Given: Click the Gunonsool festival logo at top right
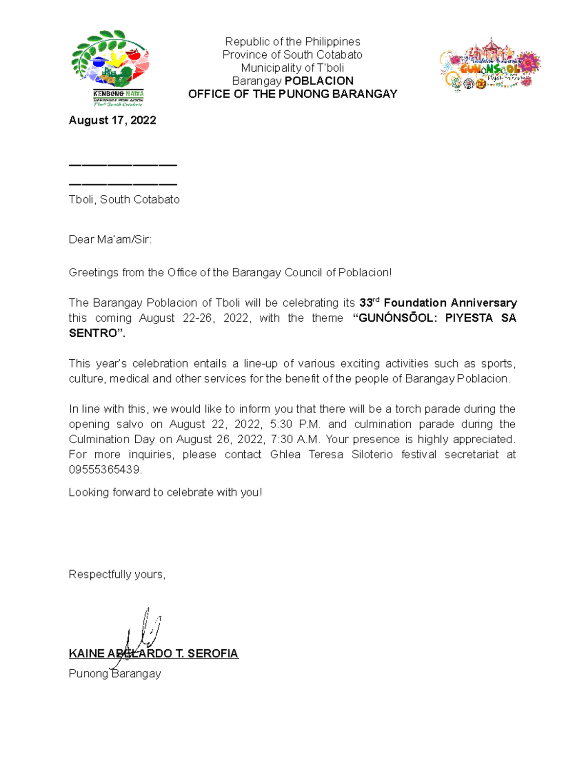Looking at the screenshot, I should (x=490, y=65).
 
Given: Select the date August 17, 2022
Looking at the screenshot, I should (x=112, y=121).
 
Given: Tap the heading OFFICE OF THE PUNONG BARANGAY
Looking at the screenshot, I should (x=293, y=94).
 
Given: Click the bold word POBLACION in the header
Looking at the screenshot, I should (x=319, y=81).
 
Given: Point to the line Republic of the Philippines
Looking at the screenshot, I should (x=293, y=41).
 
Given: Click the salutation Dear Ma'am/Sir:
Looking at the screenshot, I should (x=110, y=240).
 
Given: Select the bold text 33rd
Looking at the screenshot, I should (x=369, y=303).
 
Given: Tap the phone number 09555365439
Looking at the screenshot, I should (x=105, y=470).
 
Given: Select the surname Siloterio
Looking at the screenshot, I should (x=372, y=454).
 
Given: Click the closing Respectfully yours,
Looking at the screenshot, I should (x=117, y=574).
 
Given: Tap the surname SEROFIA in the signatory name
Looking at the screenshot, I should (x=212, y=654).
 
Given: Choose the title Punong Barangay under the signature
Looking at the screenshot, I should (x=115, y=674).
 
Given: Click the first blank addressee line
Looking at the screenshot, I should (x=123, y=165).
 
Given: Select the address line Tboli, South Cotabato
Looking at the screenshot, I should (x=124, y=200).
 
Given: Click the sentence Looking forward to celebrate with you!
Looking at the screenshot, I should (x=166, y=492).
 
